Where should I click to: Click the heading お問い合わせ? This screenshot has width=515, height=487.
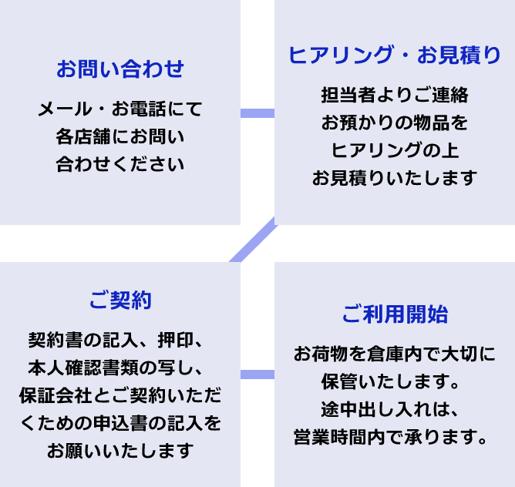click(120, 69)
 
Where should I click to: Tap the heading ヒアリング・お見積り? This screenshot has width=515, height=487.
click(394, 55)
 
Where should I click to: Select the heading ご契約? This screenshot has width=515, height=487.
click(120, 300)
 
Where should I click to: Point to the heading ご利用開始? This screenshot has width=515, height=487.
click(394, 314)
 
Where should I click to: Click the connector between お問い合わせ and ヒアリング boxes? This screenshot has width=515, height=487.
click(257, 113)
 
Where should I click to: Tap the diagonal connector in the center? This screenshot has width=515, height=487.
click(253, 240)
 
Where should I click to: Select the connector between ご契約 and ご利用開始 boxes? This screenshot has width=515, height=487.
click(257, 374)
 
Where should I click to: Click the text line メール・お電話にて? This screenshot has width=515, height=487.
click(120, 109)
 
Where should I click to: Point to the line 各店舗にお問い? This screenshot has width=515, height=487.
click(120, 137)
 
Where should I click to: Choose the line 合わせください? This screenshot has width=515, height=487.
click(120, 164)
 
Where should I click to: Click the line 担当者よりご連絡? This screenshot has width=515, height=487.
click(394, 96)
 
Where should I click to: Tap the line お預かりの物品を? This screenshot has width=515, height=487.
click(394, 123)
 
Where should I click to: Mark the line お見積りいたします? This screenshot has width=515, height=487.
click(394, 178)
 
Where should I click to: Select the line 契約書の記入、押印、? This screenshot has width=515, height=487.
click(120, 340)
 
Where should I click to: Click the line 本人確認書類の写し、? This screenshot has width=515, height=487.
click(120, 368)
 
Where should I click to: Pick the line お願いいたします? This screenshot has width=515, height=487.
click(120, 450)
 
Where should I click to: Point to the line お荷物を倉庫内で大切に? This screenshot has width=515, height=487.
click(394, 354)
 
